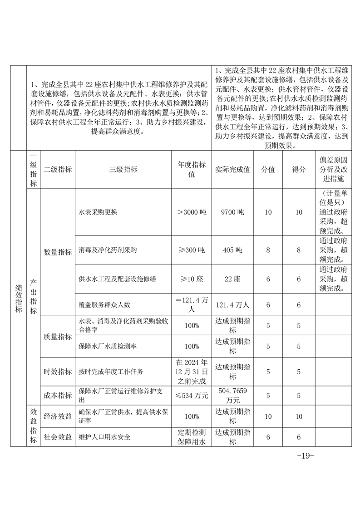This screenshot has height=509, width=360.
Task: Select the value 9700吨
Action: coord(232,212)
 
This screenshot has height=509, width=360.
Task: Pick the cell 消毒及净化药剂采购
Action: coord(108,250)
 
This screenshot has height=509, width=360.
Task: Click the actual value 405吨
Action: coord(232,250)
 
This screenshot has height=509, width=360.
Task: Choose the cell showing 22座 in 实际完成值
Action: coord(232,279)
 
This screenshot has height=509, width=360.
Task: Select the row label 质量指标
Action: coord(58,337)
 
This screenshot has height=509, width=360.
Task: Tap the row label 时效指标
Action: coord(58,372)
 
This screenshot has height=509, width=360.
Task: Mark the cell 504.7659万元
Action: coord(232,396)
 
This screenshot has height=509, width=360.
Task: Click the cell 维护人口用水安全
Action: coord(104,437)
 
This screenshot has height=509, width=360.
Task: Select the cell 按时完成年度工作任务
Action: coord(111,372)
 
